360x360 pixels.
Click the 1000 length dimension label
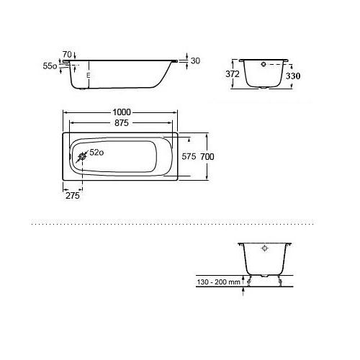click(x=122, y=112)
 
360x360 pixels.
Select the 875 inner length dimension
click(x=122, y=123)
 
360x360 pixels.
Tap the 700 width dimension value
click(x=207, y=157)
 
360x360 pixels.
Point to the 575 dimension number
click(x=189, y=157)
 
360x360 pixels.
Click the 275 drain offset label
click(x=73, y=196)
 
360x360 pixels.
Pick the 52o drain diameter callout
click(x=96, y=153)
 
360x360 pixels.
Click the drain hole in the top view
click(x=82, y=157)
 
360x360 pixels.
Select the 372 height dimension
click(x=233, y=74)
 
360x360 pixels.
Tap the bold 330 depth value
click(x=293, y=76)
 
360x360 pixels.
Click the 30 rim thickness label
click(x=195, y=61)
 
